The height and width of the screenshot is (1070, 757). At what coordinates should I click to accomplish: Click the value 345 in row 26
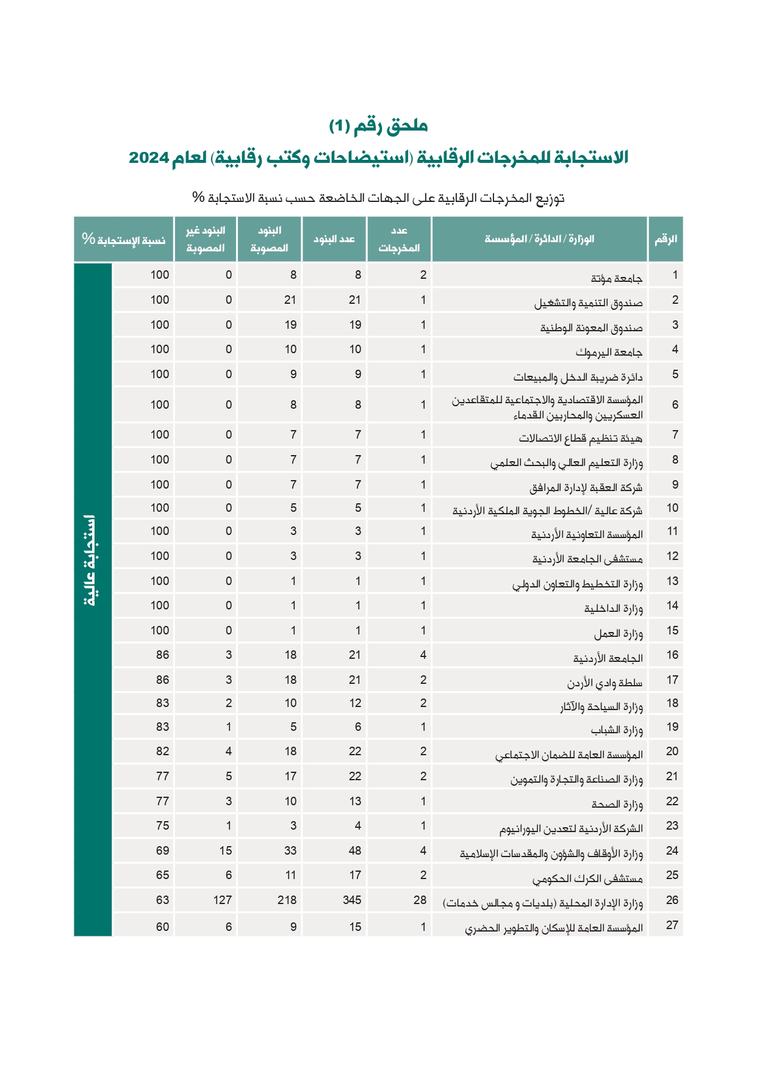click(352, 900)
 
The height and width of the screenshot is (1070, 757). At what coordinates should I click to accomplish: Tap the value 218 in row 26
click(287, 900)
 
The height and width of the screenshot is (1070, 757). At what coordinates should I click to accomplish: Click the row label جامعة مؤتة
click(616, 279)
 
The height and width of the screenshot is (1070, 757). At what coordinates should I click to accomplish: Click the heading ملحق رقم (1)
click(378, 126)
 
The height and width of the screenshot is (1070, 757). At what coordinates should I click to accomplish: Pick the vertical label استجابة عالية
click(91, 561)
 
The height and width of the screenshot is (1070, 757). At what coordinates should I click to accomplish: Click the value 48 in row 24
click(354, 850)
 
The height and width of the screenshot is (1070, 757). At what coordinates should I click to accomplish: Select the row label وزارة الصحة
click(617, 805)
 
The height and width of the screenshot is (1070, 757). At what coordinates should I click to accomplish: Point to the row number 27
click(672, 925)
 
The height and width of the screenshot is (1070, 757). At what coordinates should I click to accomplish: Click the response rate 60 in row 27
click(162, 927)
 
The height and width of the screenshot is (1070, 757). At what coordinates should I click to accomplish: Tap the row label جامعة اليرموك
click(609, 353)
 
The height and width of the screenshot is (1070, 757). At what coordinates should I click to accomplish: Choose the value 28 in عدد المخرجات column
click(420, 900)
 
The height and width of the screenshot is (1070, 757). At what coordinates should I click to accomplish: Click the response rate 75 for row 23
click(162, 826)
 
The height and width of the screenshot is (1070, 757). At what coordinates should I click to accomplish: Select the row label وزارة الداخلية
click(613, 609)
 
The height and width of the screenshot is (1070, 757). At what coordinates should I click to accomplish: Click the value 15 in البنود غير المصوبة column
click(225, 850)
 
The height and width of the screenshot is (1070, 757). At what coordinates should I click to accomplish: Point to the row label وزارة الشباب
click(616, 730)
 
